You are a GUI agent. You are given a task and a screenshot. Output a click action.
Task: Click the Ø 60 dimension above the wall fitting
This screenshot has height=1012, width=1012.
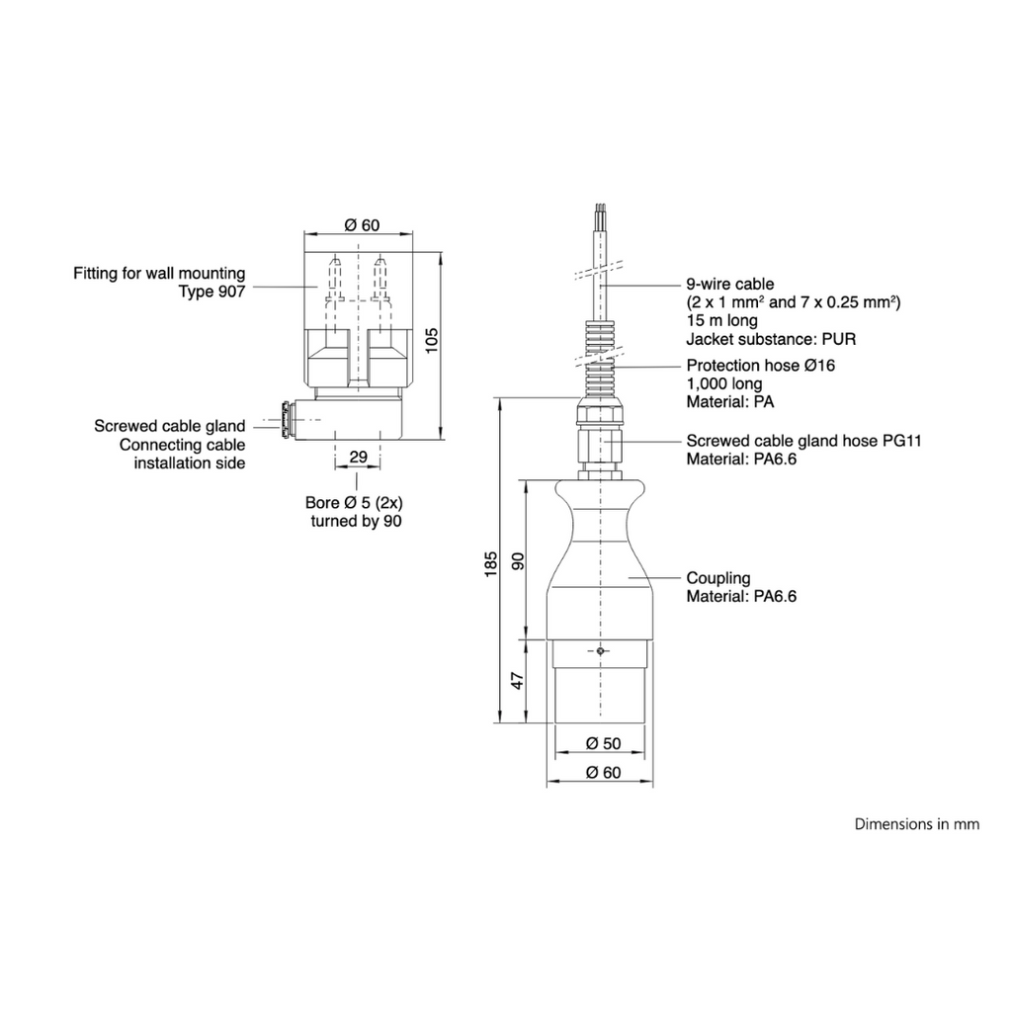click(x=362, y=225)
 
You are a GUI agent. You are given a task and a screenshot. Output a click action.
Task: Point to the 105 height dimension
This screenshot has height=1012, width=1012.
click(x=431, y=341)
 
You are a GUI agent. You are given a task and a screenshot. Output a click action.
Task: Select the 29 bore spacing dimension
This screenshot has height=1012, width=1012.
click(x=358, y=457)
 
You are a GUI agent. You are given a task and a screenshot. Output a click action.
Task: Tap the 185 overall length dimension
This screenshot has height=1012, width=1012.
click(x=491, y=563)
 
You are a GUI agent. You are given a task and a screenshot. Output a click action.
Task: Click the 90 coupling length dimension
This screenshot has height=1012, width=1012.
click(x=518, y=561)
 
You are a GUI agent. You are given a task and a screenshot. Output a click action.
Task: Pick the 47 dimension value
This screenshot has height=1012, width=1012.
click(x=518, y=680)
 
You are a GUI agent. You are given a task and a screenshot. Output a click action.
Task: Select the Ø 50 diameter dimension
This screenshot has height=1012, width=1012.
click(x=603, y=743)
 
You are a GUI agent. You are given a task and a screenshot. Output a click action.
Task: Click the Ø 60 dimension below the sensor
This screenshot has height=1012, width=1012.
click(x=603, y=773)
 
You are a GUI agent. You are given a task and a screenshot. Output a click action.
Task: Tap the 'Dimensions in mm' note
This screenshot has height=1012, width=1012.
click(x=916, y=824)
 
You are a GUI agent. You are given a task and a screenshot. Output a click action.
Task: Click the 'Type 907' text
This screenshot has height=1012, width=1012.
click(x=212, y=292)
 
